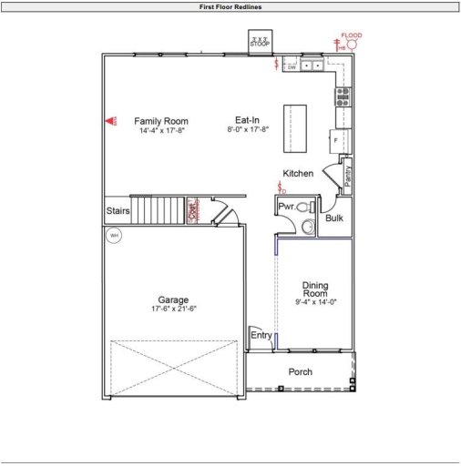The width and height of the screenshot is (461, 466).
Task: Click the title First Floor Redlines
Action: click(230, 6)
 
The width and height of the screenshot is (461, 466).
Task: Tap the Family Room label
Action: click(161, 121)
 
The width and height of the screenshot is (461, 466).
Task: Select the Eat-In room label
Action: click(248, 121)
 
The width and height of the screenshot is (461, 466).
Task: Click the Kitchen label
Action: click(298, 173)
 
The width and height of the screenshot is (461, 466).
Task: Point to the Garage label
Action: click(173, 299)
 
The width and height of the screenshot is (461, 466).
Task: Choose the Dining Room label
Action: click(315, 289)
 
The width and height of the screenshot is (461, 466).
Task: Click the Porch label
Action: click(301, 371)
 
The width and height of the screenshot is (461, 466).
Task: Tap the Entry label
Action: click(261, 336)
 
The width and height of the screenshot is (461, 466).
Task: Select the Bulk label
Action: click(333, 218)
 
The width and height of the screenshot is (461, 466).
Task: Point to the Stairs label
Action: click(118, 211)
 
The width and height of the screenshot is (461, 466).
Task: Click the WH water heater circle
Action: click(114, 236)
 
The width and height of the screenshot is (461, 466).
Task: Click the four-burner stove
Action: click(343, 96)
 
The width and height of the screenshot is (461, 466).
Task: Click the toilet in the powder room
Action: click(303, 208)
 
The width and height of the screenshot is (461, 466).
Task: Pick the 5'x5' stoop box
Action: click(261, 43)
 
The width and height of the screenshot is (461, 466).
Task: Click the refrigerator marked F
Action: click(336, 141)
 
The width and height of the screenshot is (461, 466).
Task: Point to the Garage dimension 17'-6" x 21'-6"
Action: click(173, 309)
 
